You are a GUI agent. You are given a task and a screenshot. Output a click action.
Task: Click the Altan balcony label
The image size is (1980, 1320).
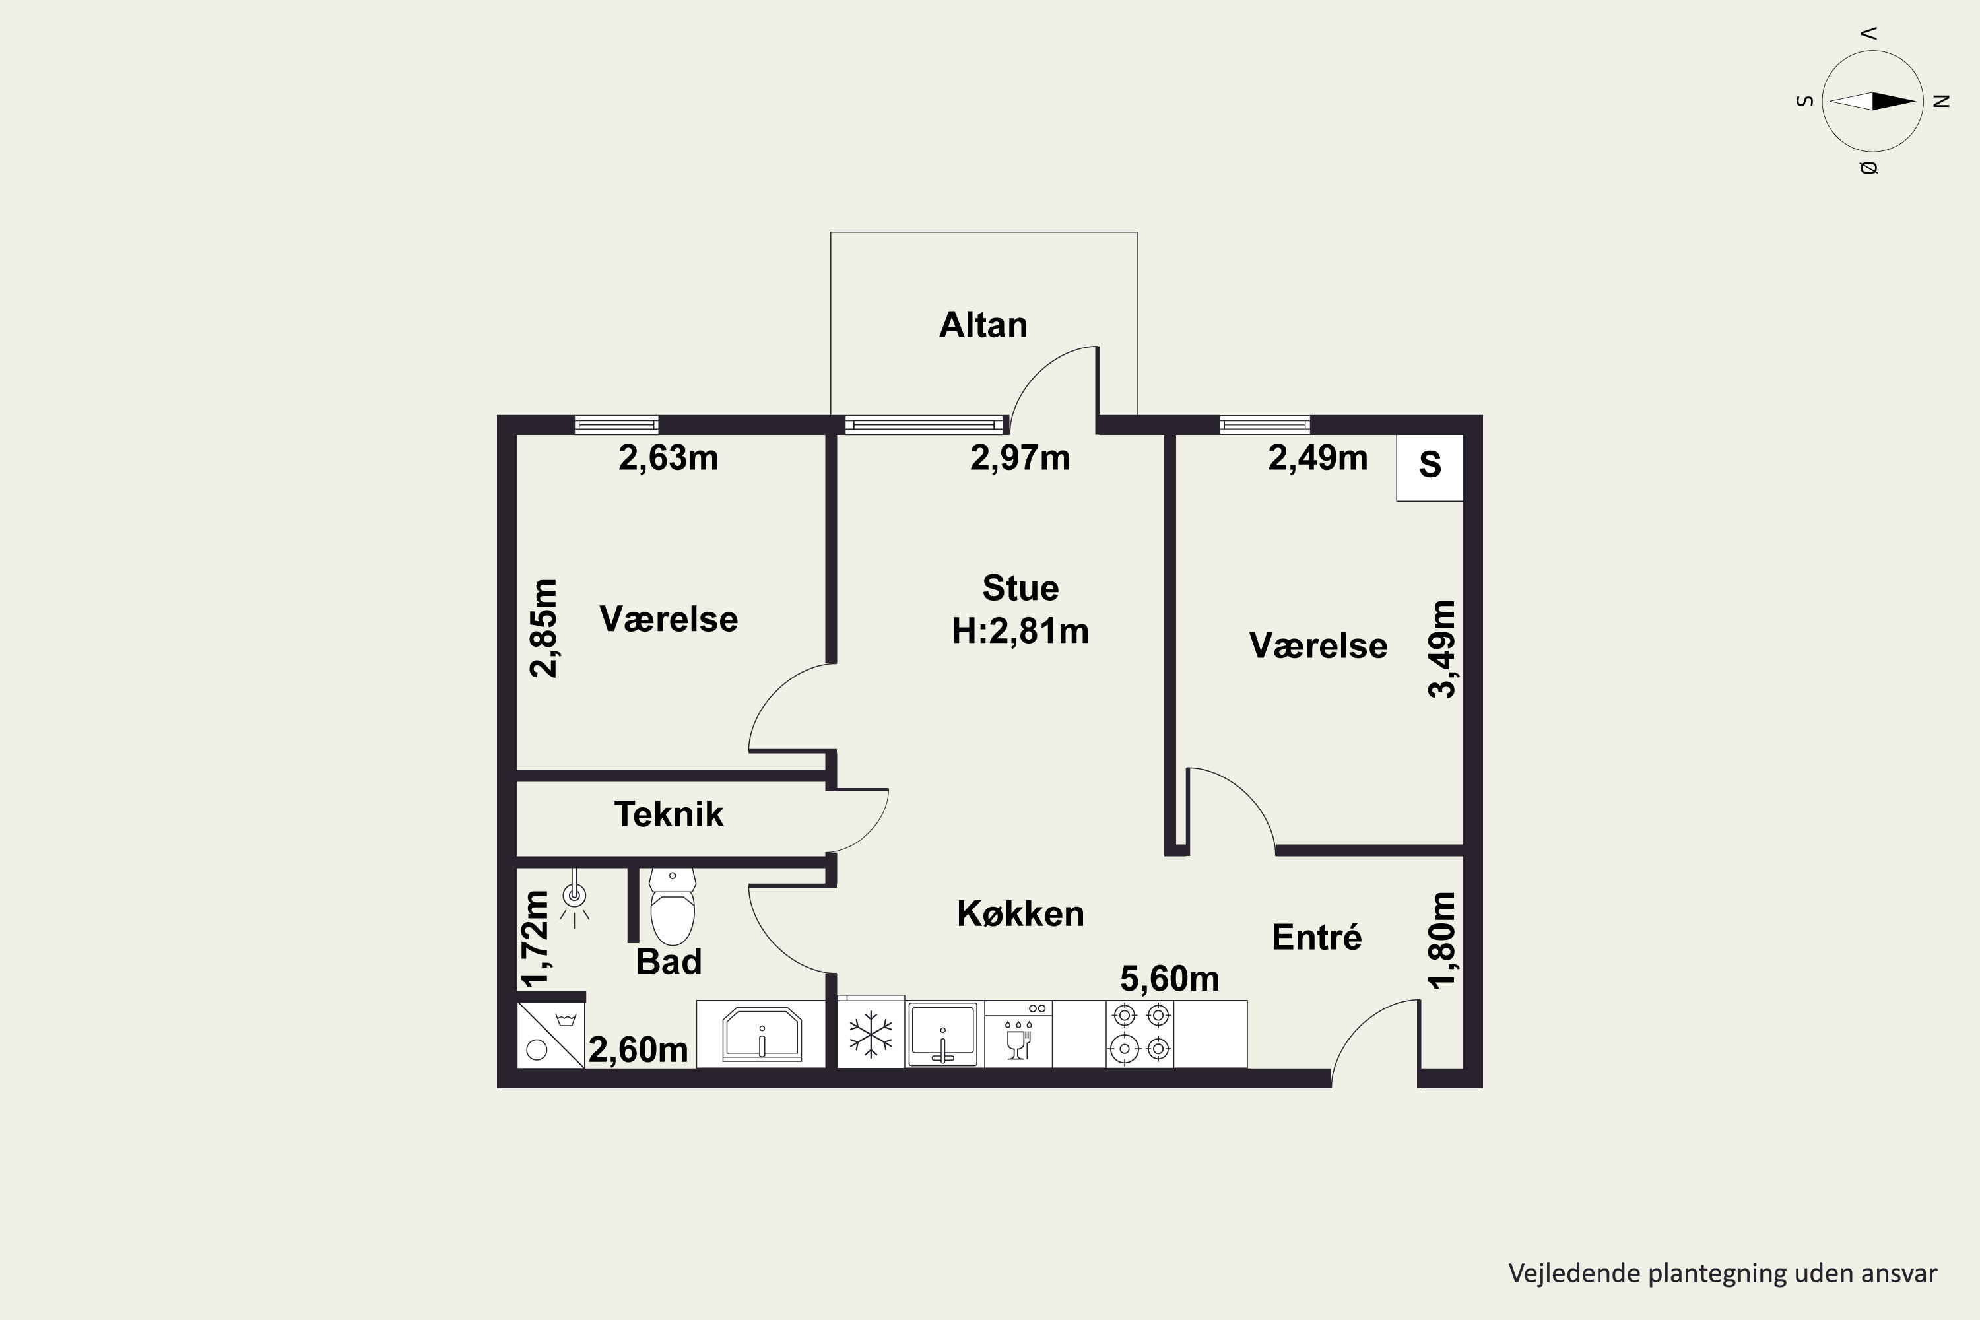pyautogui.click(x=983, y=325)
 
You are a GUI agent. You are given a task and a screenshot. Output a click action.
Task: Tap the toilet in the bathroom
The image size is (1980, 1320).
pyautogui.click(x=673, y=907)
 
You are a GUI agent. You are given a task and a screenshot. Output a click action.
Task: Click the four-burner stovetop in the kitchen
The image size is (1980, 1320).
pyautogui.click(x=1140, y=1034)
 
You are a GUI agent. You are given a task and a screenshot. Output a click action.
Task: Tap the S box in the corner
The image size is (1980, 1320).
pyautogui.click(x=1430, y=467)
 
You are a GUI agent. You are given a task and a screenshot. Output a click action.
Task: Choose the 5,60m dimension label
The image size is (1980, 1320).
pyautogui.click(x=1170, y=979)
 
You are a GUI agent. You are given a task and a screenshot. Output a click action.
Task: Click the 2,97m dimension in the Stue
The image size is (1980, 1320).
pyautogui.click(x=1020, y=458)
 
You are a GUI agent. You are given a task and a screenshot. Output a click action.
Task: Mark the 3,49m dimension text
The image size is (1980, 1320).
pyautogui.click(x=1442, y=649)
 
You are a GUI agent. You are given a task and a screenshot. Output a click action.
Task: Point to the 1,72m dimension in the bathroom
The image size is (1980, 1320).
pyautogui.click(x=535, y=938)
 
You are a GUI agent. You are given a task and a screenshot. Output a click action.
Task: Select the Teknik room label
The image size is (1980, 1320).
pyautogui.click(x=669, y=814)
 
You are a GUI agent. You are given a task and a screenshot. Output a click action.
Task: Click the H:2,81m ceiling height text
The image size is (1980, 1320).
pyautogui.click(x=1020, y=632)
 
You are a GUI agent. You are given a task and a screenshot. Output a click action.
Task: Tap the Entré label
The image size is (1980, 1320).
pyautogui.click(x=1317, y=937)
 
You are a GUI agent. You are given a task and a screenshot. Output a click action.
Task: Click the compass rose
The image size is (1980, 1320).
pyautogui.click(x=1872, y=101)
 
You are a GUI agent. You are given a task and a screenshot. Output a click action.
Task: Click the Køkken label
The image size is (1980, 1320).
pyautogui.click(x=1020, y=914)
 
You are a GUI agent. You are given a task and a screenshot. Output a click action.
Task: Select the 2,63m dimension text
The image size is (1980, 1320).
pyautogui.click(x=669, y=458)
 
